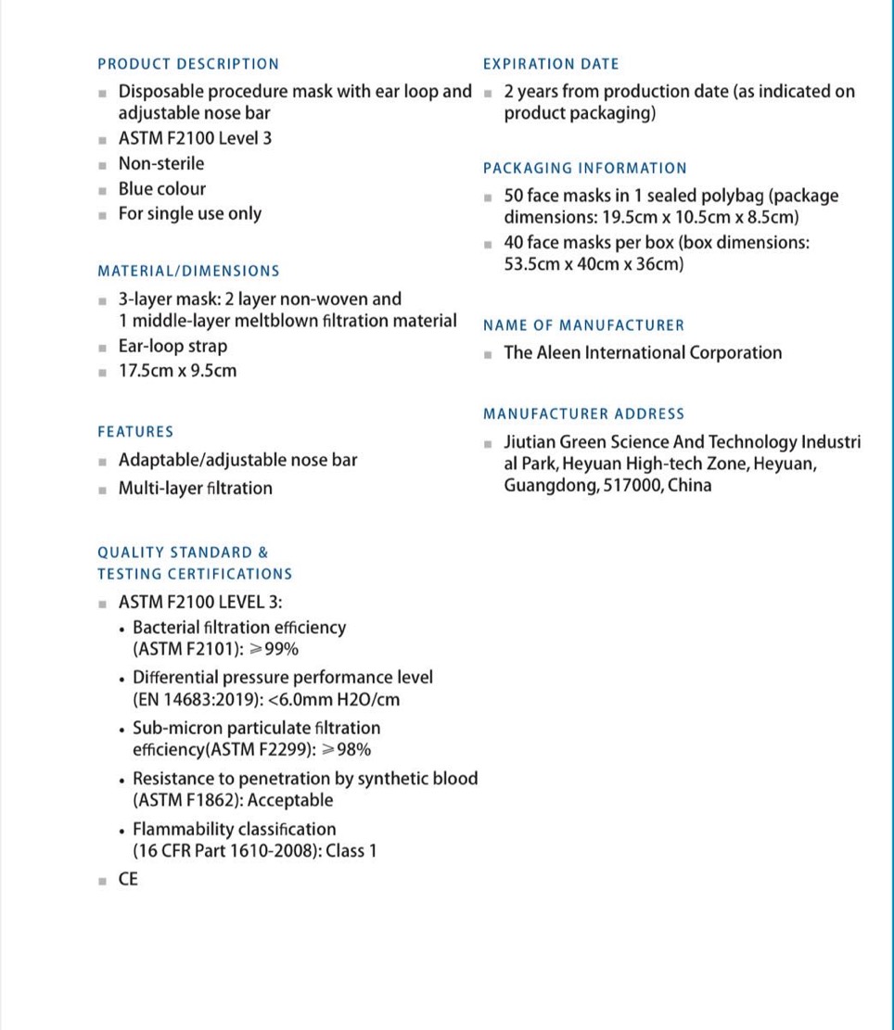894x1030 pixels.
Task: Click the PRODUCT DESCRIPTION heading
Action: point(188,64)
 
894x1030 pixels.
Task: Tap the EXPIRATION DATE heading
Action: point(551,64)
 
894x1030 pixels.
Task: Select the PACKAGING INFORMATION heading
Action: point(585,169)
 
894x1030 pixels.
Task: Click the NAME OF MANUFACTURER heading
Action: point(584,325)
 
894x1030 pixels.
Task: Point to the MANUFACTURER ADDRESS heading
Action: point(584,414)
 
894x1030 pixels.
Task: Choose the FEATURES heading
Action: point(135,432)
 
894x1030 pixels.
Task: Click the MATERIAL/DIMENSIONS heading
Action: point(188,272)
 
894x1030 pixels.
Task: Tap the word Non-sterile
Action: point(161,164)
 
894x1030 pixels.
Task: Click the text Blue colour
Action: point(162,189)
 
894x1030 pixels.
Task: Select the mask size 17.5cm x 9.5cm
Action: point(177,371)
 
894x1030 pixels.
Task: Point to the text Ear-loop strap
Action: point(172,347)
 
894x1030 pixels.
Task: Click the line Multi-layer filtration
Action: point(196,489)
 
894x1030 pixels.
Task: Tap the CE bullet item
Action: point(128,879)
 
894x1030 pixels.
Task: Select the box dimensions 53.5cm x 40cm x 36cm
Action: point(594,264)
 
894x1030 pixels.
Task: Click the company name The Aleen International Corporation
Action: point(643,353)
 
